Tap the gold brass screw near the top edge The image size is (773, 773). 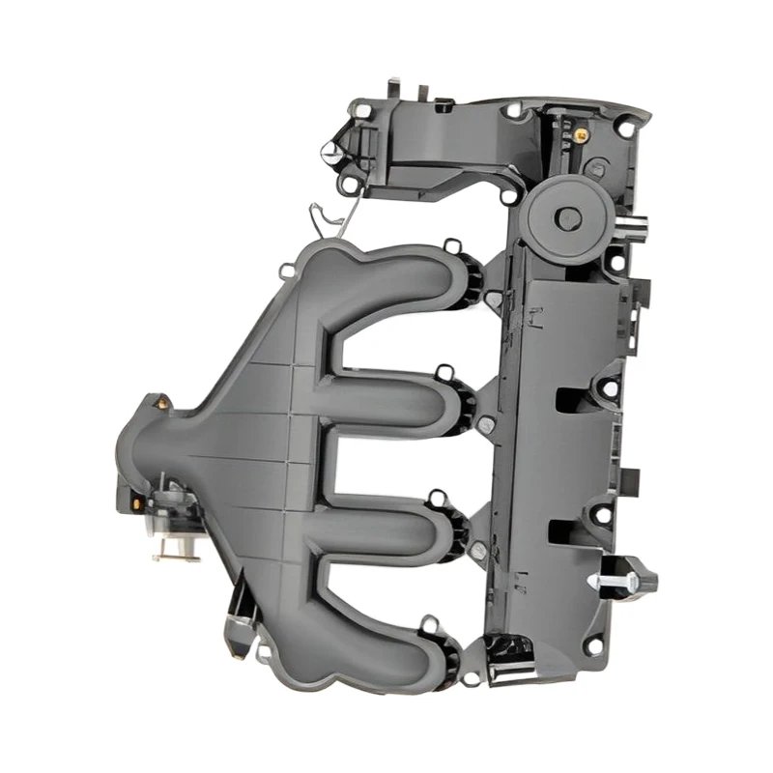(581, 135)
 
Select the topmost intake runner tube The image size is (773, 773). (406, 280)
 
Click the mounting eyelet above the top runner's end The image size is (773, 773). (451, 247)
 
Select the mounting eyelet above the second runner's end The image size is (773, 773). (443, 371)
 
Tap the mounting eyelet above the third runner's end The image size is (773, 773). (437, 499)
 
